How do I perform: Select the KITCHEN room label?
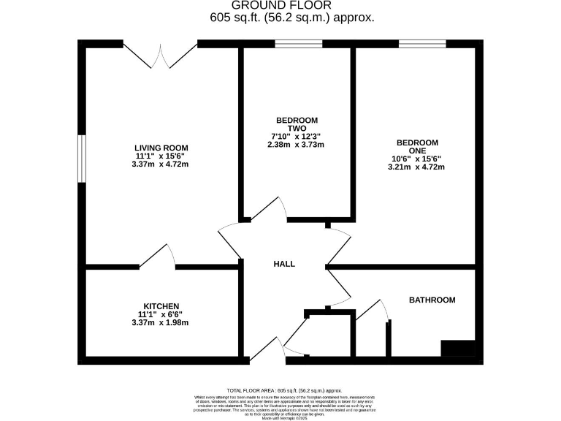point(161,306)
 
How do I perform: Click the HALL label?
point(284,264)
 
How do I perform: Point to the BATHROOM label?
point(432,300)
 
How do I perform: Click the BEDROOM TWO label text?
point(297,124)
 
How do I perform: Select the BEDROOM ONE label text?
point(417,147)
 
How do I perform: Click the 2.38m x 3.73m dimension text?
point(297,145)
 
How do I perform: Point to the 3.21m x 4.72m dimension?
point(417,167)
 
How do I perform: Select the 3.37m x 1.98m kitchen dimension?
point(161,322)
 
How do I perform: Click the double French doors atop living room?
point(160,55)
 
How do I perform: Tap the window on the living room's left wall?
point(83,159)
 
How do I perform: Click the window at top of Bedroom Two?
point(299,45)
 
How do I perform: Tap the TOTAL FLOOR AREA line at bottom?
point(284,391)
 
